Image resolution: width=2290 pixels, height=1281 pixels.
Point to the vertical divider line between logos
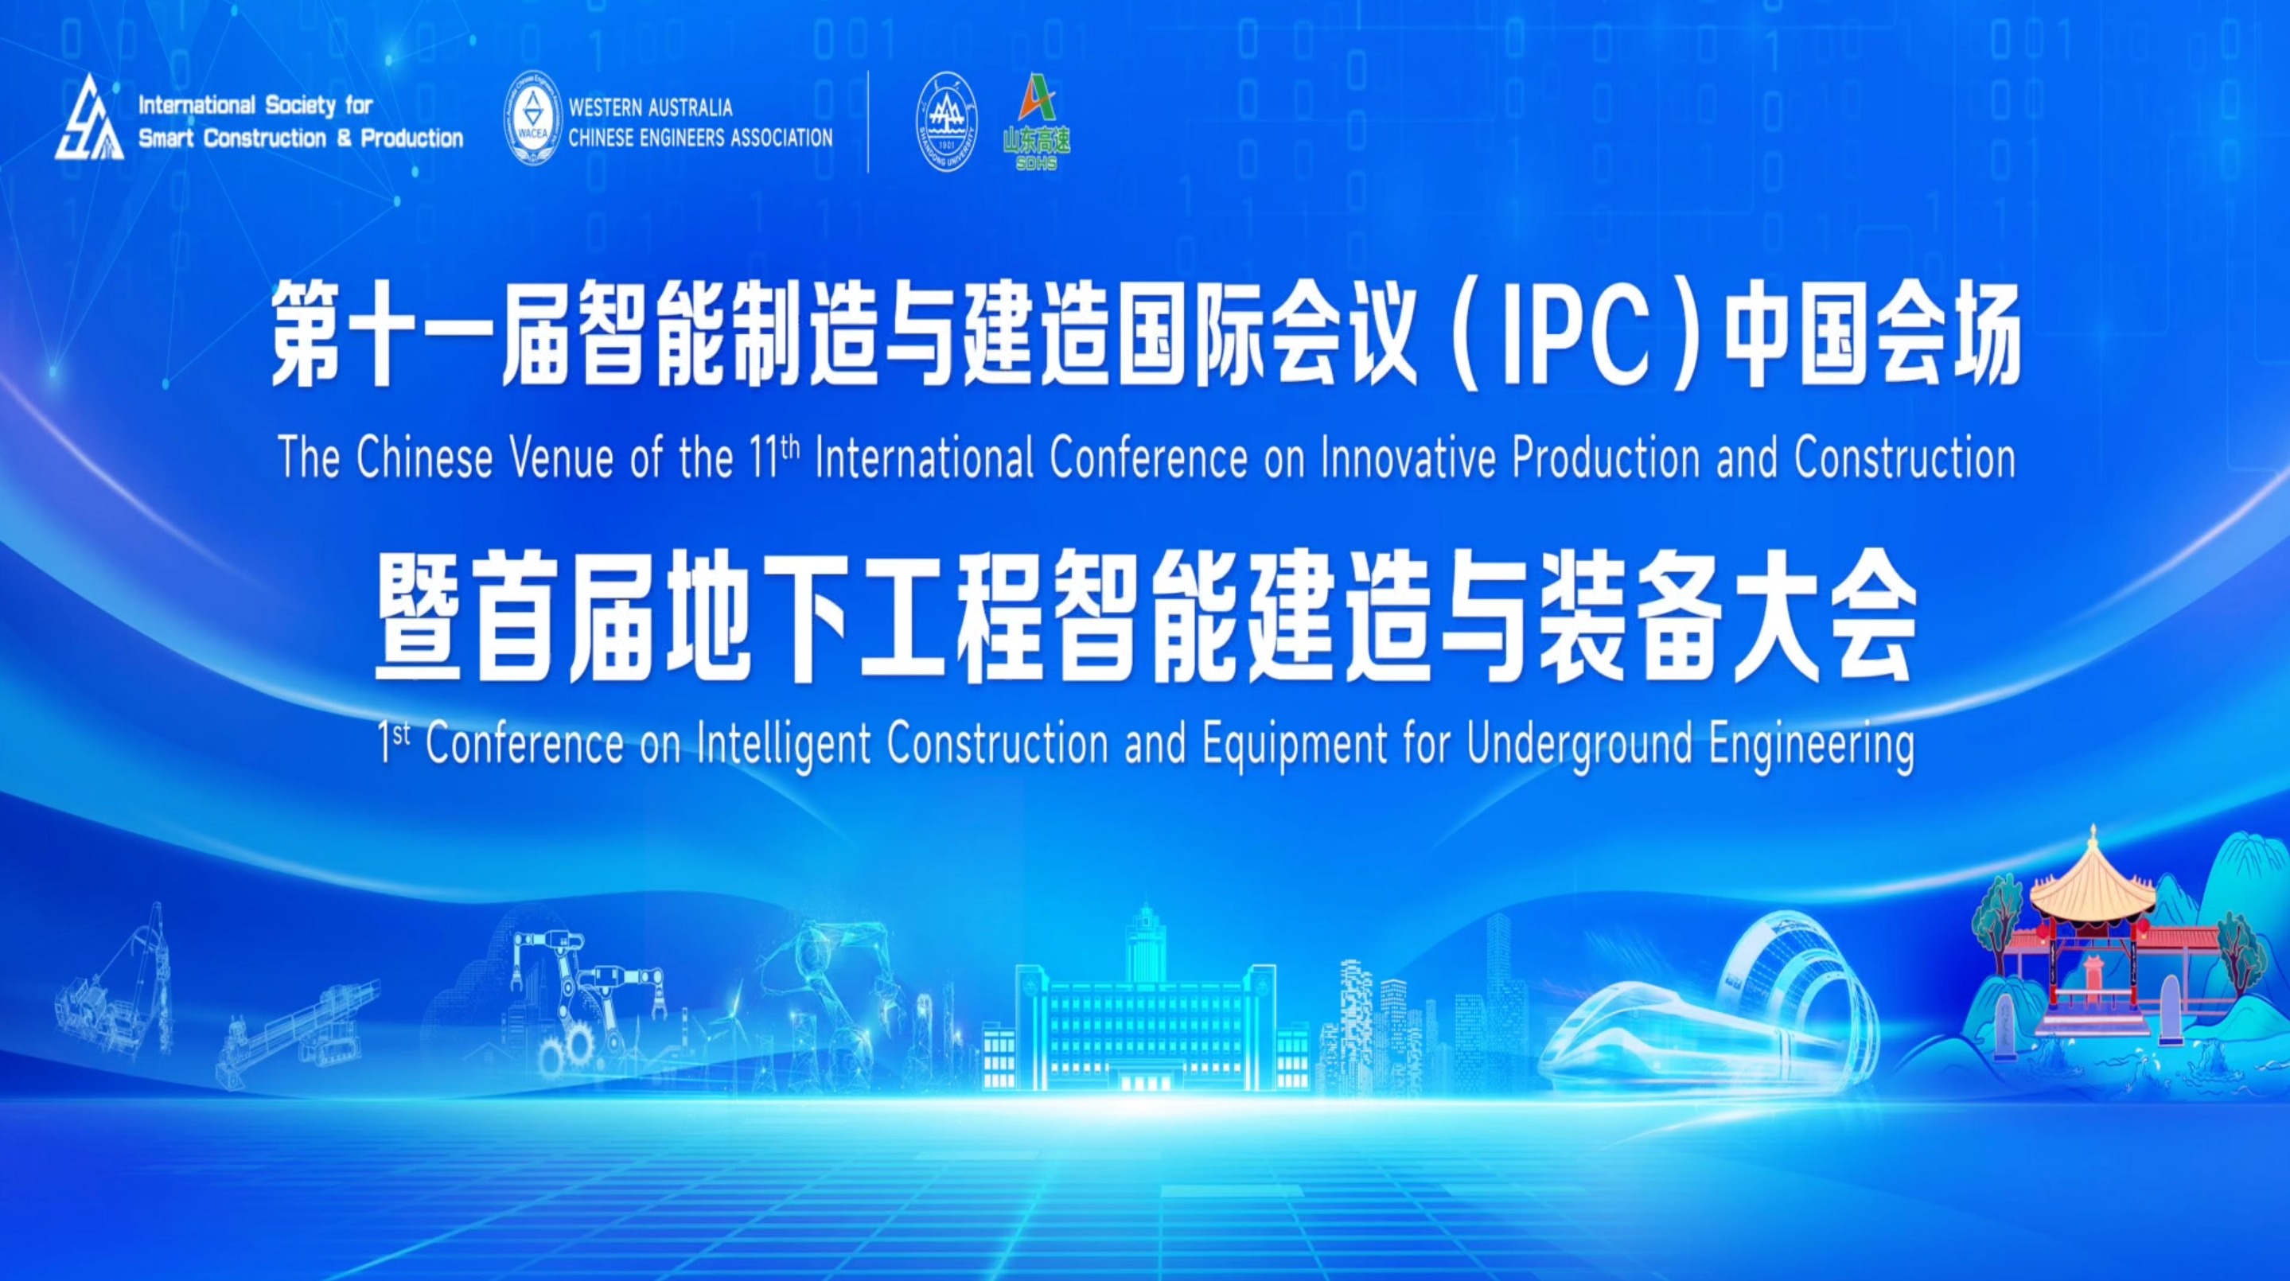click(869, 121)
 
